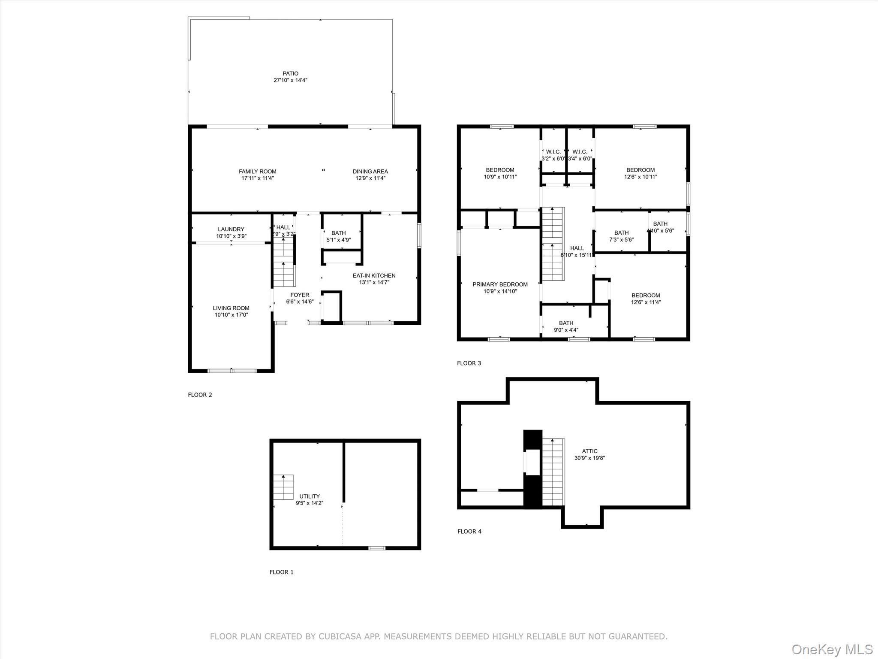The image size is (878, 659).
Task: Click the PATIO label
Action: [290, 74]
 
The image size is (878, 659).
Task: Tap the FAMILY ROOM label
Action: [257, 172]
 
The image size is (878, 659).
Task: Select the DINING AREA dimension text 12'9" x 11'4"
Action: [370, 178]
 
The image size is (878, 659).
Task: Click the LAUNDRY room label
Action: [231, 230]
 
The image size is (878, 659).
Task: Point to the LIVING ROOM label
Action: [231, 308]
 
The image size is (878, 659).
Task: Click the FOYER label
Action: [300, 295]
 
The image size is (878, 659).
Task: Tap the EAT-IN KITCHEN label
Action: [374, 276]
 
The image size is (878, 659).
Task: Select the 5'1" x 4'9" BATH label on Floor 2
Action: [338, 233]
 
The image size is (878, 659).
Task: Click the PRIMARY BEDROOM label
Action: [500, 284]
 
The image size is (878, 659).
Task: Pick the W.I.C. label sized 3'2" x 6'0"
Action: [553, 152]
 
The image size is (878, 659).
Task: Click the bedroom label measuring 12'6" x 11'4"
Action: [646, 296]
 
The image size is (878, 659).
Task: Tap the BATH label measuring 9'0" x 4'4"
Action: [566, 323]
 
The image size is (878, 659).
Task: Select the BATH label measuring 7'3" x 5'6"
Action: [621, 233]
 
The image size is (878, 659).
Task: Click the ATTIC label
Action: [589, 451]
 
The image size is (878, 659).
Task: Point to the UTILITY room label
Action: [310, 497]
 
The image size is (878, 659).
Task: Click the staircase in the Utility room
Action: [283, 487]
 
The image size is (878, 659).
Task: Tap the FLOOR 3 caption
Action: [469, 363]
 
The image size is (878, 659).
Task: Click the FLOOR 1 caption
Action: [281, 572]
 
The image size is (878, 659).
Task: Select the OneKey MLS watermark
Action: [832, 650]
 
